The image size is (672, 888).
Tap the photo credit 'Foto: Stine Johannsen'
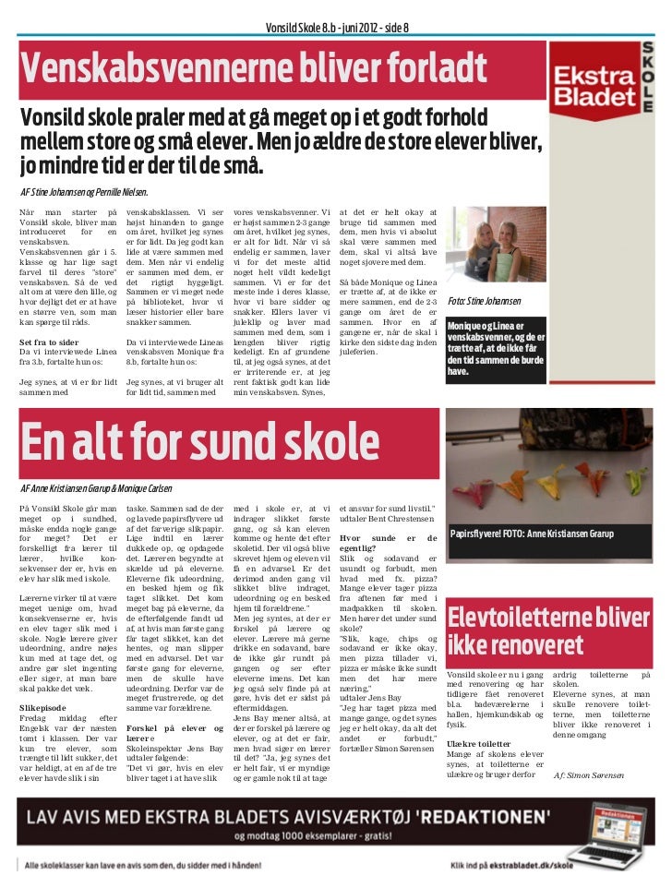[x=484, y=302]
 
